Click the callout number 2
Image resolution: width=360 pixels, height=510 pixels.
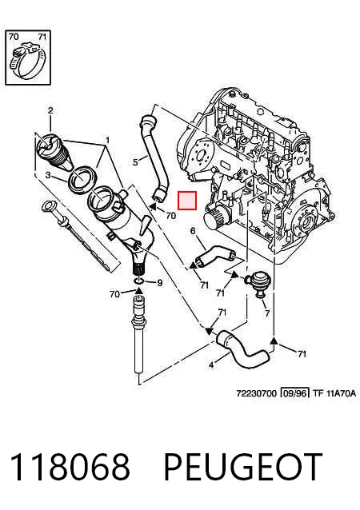coord(50,110)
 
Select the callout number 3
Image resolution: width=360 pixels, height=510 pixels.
coord(48,176)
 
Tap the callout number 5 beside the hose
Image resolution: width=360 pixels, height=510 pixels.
coord(136,161)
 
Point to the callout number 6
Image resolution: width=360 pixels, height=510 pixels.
coord(193,231)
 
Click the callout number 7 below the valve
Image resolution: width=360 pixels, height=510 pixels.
coord(267,313)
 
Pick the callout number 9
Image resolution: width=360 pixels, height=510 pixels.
coord(159,283)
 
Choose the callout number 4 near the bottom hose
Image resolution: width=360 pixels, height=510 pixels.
coord(211,365)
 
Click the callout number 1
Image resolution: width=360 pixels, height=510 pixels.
coord(107,141)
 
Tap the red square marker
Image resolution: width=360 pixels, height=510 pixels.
coord(187,201)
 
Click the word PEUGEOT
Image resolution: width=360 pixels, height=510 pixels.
coord(242,467)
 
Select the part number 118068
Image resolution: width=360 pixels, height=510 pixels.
coord(70,467)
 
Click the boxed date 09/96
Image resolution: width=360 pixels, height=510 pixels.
coord(294,393)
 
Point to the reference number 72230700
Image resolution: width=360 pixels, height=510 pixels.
coord(256,393)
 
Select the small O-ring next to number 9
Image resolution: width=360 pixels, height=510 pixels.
coord(139,281)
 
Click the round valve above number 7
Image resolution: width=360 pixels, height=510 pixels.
coord(257,281)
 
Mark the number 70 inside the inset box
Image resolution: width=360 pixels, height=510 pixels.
coord(14,37)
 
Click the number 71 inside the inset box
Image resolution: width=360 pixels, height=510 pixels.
coord(42,37)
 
